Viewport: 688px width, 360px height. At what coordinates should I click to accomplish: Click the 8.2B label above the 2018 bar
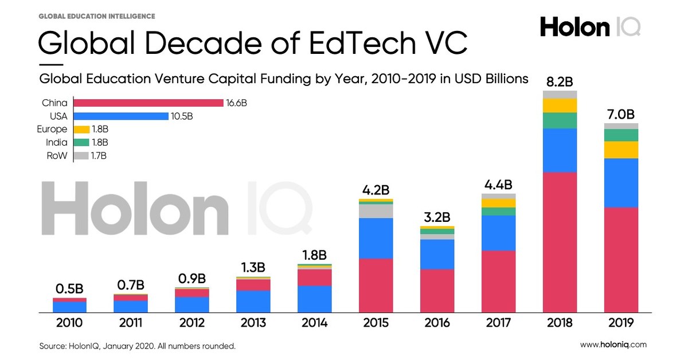point(560,80)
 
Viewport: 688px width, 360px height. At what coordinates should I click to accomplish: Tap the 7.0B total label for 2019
point(621,113)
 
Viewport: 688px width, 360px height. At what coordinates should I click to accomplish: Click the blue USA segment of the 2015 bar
point(376,238)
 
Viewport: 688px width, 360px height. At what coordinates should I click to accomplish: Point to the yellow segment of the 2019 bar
point(621,150)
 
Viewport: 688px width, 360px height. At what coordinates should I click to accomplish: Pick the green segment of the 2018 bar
point(560,120)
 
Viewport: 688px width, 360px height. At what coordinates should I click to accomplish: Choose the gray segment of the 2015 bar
point(376,211)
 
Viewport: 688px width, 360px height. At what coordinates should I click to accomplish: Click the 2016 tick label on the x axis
point(437,323)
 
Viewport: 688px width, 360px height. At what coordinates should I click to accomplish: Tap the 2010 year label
point(69,323)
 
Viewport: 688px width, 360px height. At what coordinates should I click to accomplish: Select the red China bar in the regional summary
point(148,103)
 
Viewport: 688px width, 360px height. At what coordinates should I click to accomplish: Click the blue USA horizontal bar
point(120,116)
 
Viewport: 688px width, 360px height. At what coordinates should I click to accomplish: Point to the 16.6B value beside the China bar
point(237,103)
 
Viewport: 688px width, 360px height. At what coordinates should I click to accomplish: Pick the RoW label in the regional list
point(58,155)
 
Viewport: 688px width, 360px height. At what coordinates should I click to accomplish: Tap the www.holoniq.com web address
point(613,345)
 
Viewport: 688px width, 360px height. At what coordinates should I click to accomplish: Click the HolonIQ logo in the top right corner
point(590,27)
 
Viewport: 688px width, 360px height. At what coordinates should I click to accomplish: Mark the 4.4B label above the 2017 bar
point(498,185)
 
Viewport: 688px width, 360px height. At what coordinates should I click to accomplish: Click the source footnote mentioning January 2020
point(137,346)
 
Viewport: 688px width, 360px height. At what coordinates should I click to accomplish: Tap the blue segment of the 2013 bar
point(253,301)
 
